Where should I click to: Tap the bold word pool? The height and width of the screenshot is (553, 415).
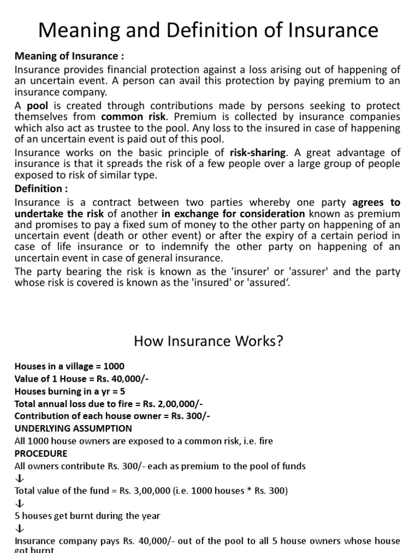38,105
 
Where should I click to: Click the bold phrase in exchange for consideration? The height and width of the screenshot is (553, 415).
233,213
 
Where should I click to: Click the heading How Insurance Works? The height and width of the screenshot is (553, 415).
207,342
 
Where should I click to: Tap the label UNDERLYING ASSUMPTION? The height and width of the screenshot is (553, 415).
73,428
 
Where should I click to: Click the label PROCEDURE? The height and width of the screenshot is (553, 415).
41,453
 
